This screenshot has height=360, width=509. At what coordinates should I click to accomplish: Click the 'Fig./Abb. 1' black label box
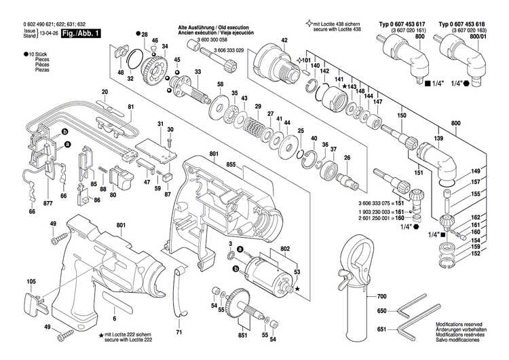[x=79, y=32]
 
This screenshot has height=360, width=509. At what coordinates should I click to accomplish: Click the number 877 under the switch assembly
[x=30, y=203]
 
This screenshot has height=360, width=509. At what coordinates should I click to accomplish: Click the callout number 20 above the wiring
[x=105, y=92]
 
